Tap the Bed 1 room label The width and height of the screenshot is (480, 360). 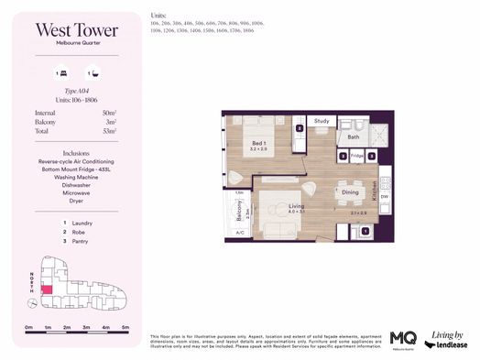(259, 144)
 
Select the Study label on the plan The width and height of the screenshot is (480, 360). (322, 121)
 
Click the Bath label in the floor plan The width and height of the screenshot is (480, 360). (354, 137)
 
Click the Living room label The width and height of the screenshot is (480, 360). (296, 207)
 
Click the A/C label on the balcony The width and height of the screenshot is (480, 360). (240, 233)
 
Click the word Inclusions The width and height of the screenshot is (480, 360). (75, 153)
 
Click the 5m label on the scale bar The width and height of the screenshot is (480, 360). (125, 327)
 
